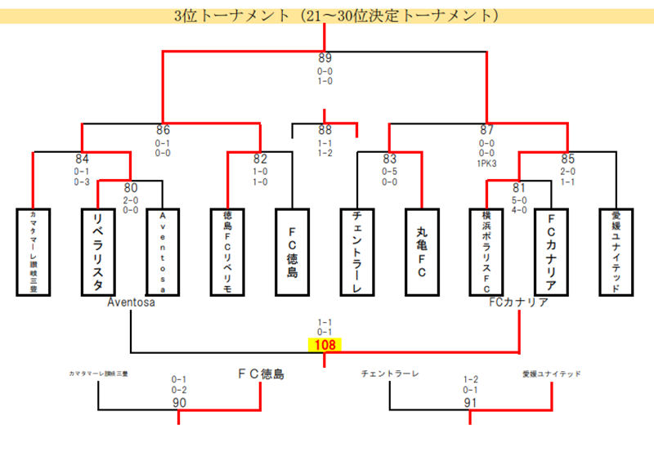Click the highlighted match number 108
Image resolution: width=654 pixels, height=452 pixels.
[x=325, y=345]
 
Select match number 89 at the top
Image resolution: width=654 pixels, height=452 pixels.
[x=325, y=58]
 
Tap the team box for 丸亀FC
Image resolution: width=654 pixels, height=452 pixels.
[x=422, y=252]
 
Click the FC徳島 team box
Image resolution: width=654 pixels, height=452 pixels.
[x=293, y=252]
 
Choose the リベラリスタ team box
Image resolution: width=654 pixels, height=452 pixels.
[x=98, y=252]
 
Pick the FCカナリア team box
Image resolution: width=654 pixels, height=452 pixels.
[x=551, y=252]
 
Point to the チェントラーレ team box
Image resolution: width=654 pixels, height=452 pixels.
[x=357, y=252]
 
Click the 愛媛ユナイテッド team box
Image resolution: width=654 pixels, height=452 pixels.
[x=616, y=252]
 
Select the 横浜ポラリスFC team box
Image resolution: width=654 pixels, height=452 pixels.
[x=486, y=252]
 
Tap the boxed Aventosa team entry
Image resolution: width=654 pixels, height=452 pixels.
[x=163, y=252]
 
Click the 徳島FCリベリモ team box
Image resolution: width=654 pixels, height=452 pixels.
[x=228, y=252]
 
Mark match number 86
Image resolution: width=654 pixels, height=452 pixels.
[x=163, y=130]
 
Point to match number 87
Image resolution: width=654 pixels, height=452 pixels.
[x=487, y=130]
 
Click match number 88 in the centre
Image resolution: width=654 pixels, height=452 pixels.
[x=325, y=130]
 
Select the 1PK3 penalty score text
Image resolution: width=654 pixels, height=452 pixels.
[x=487, y=163]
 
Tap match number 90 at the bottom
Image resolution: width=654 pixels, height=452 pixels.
[x=179, y=402]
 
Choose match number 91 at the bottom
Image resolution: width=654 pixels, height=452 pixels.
[x=470, y=402]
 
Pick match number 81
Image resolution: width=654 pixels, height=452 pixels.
[x=519, y=187]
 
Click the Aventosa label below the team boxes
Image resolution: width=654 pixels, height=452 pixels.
[x=131, y=302]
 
